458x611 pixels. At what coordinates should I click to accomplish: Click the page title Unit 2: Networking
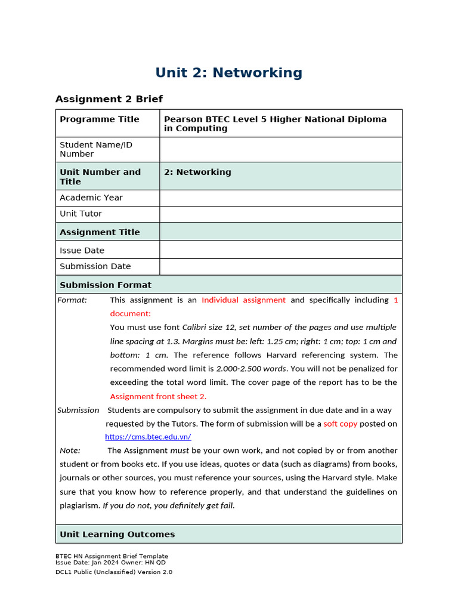click(x=228, y=73)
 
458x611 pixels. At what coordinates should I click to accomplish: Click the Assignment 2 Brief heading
click(x=109, y=99)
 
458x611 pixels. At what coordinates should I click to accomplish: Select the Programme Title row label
click(x=99, y=119)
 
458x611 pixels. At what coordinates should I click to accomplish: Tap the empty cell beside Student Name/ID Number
click(x=280, y=149)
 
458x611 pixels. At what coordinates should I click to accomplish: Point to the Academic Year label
click(x=91, y=198)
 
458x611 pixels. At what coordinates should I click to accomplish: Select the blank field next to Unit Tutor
click(x=280, y=214)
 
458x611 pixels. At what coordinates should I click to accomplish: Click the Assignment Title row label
click(x=100, y=232)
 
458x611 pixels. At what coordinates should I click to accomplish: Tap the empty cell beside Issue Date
click(x=280, y=250)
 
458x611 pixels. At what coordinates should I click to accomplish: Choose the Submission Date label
click(x=95, y=266)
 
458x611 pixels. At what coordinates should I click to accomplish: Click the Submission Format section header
click(x=106, y=285)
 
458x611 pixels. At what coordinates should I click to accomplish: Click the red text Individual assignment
click(x=243, y=300)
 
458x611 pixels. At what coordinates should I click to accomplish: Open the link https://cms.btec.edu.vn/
click(x=148, y=437)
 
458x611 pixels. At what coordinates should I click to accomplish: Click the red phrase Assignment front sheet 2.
click(x=158, y=396)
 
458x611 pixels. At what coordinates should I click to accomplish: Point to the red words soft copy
click(x=341, y=424)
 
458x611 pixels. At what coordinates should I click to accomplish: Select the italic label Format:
click(x=72, y=300)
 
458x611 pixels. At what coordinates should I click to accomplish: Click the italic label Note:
click(x=70, y=450)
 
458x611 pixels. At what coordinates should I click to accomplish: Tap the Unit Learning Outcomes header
click(x=117, y=535)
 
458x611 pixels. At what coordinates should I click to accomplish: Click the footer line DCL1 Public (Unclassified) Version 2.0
click(x=113, y=572)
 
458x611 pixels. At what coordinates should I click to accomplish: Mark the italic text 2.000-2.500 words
click(x=251, y=369)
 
